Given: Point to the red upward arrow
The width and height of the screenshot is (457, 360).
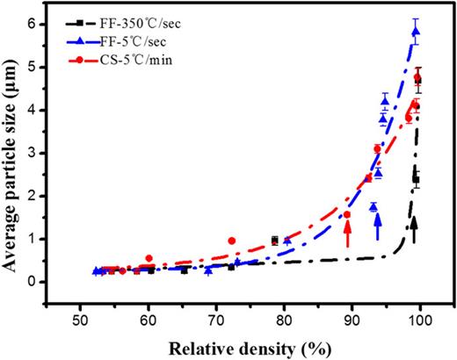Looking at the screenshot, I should pos(348,233).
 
